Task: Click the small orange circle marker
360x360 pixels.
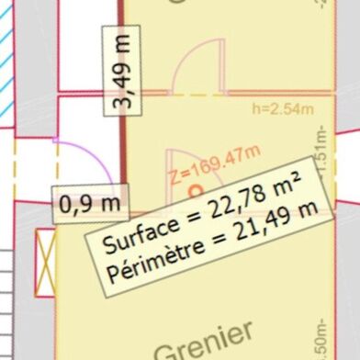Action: coord(195,191)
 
